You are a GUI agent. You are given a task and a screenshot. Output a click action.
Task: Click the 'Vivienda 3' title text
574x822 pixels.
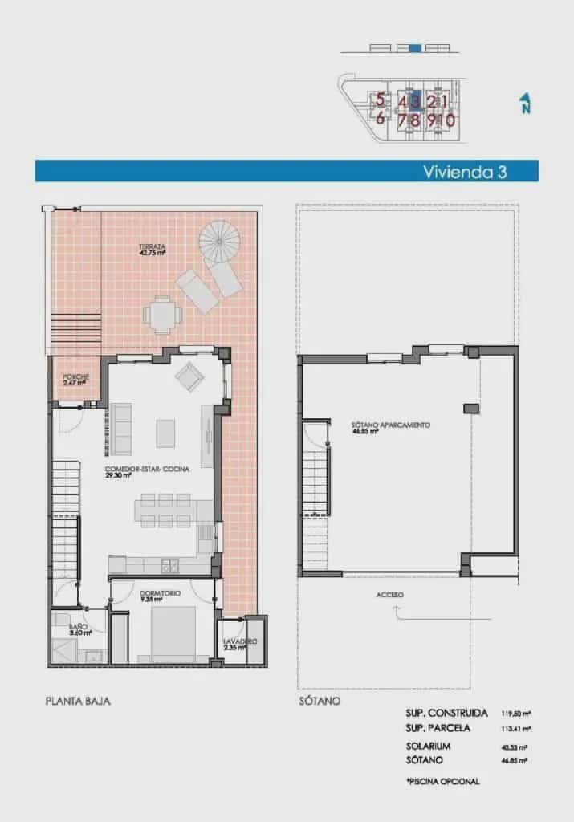pos(469,171)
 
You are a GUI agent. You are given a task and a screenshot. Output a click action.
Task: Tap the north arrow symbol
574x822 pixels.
pos(525,104)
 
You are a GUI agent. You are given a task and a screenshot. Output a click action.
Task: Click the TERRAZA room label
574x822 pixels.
pos(151,249)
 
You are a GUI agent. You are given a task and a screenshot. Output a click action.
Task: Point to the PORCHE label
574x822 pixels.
pos(75,380)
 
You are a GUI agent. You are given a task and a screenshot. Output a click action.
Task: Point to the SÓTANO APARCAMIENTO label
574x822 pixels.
pos(392,427)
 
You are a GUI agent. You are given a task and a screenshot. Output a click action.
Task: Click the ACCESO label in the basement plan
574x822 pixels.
pos(389,595)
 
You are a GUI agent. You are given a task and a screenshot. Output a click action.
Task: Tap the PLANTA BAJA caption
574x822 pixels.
pos(78,701)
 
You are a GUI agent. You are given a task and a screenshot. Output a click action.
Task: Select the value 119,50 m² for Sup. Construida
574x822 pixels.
pos(518,713)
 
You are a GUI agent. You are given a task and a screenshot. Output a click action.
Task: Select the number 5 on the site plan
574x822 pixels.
pos(380,101)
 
